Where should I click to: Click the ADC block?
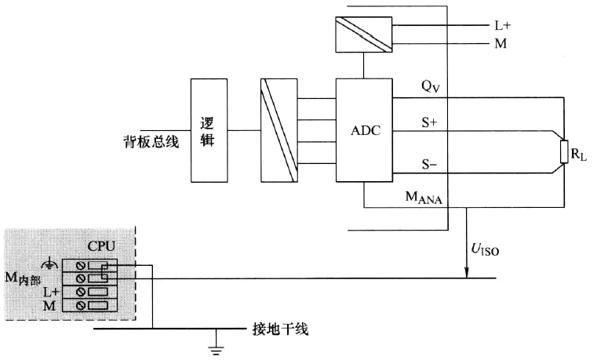tap(364, 130)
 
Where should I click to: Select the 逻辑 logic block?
tap(209, 129)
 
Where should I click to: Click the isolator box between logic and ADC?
tap(278, 130)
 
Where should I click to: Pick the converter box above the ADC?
tap(364, 35)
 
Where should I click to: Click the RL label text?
tap(579, 156)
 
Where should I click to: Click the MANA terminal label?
tap(423, 199)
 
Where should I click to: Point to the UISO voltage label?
tap(485, 250)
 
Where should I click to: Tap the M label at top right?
tap(501, 43)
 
